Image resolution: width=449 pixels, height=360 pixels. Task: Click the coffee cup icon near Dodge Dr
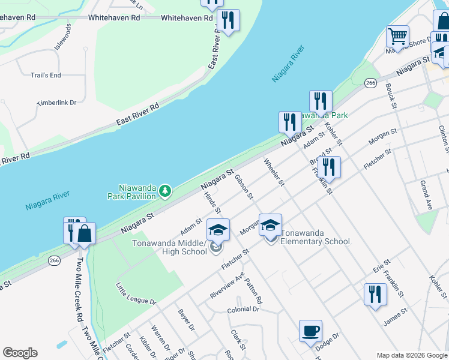click(x=310, y=331)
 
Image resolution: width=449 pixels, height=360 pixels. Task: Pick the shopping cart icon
click(x=397, y=36)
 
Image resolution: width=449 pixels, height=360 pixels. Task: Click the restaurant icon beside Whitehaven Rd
click(x=228, y=20)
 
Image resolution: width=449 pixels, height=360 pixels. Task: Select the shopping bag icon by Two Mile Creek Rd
click(x=85, y=234)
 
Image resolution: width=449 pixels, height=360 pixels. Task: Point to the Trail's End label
click(x=46, y=75)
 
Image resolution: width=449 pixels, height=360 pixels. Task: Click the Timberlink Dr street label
click(x=57, y=103)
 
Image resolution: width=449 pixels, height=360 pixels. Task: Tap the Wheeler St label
click(x=273, y=172)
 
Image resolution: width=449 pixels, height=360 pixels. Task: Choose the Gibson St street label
click(x=244, y=188)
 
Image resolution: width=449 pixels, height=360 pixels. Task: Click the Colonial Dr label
click(x=243, y=310)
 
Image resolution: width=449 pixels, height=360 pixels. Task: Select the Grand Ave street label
click(x=426, y=194)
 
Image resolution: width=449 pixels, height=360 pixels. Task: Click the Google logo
click(x=20, y=353)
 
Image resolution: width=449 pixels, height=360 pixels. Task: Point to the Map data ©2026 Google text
click(x=411, y=355)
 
